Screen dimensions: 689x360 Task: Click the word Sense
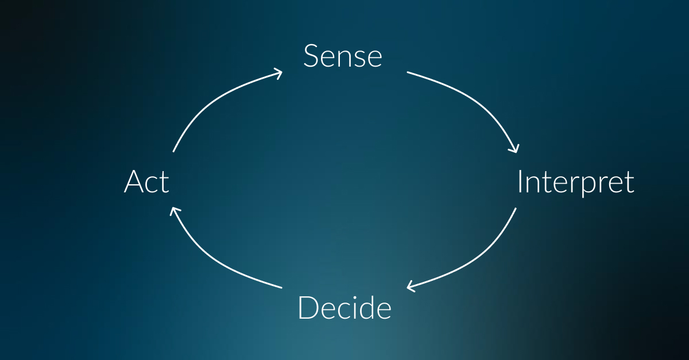(x=343, y=56)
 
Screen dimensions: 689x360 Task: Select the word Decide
(x=344, y=308)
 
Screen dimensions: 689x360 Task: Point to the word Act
(x=146, y=181)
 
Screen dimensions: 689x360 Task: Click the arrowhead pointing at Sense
(x=278, y=74)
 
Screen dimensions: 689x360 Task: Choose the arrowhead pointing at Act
(x=174, y=211)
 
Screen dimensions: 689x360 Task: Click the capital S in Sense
(x=311, y=56)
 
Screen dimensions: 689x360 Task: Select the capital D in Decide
(x=308, y=308)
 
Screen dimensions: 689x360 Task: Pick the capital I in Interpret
(x=520, y=181)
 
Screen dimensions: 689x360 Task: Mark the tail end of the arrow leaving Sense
(x=407, y=72)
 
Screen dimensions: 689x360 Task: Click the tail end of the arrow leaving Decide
(x=282, y=288)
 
